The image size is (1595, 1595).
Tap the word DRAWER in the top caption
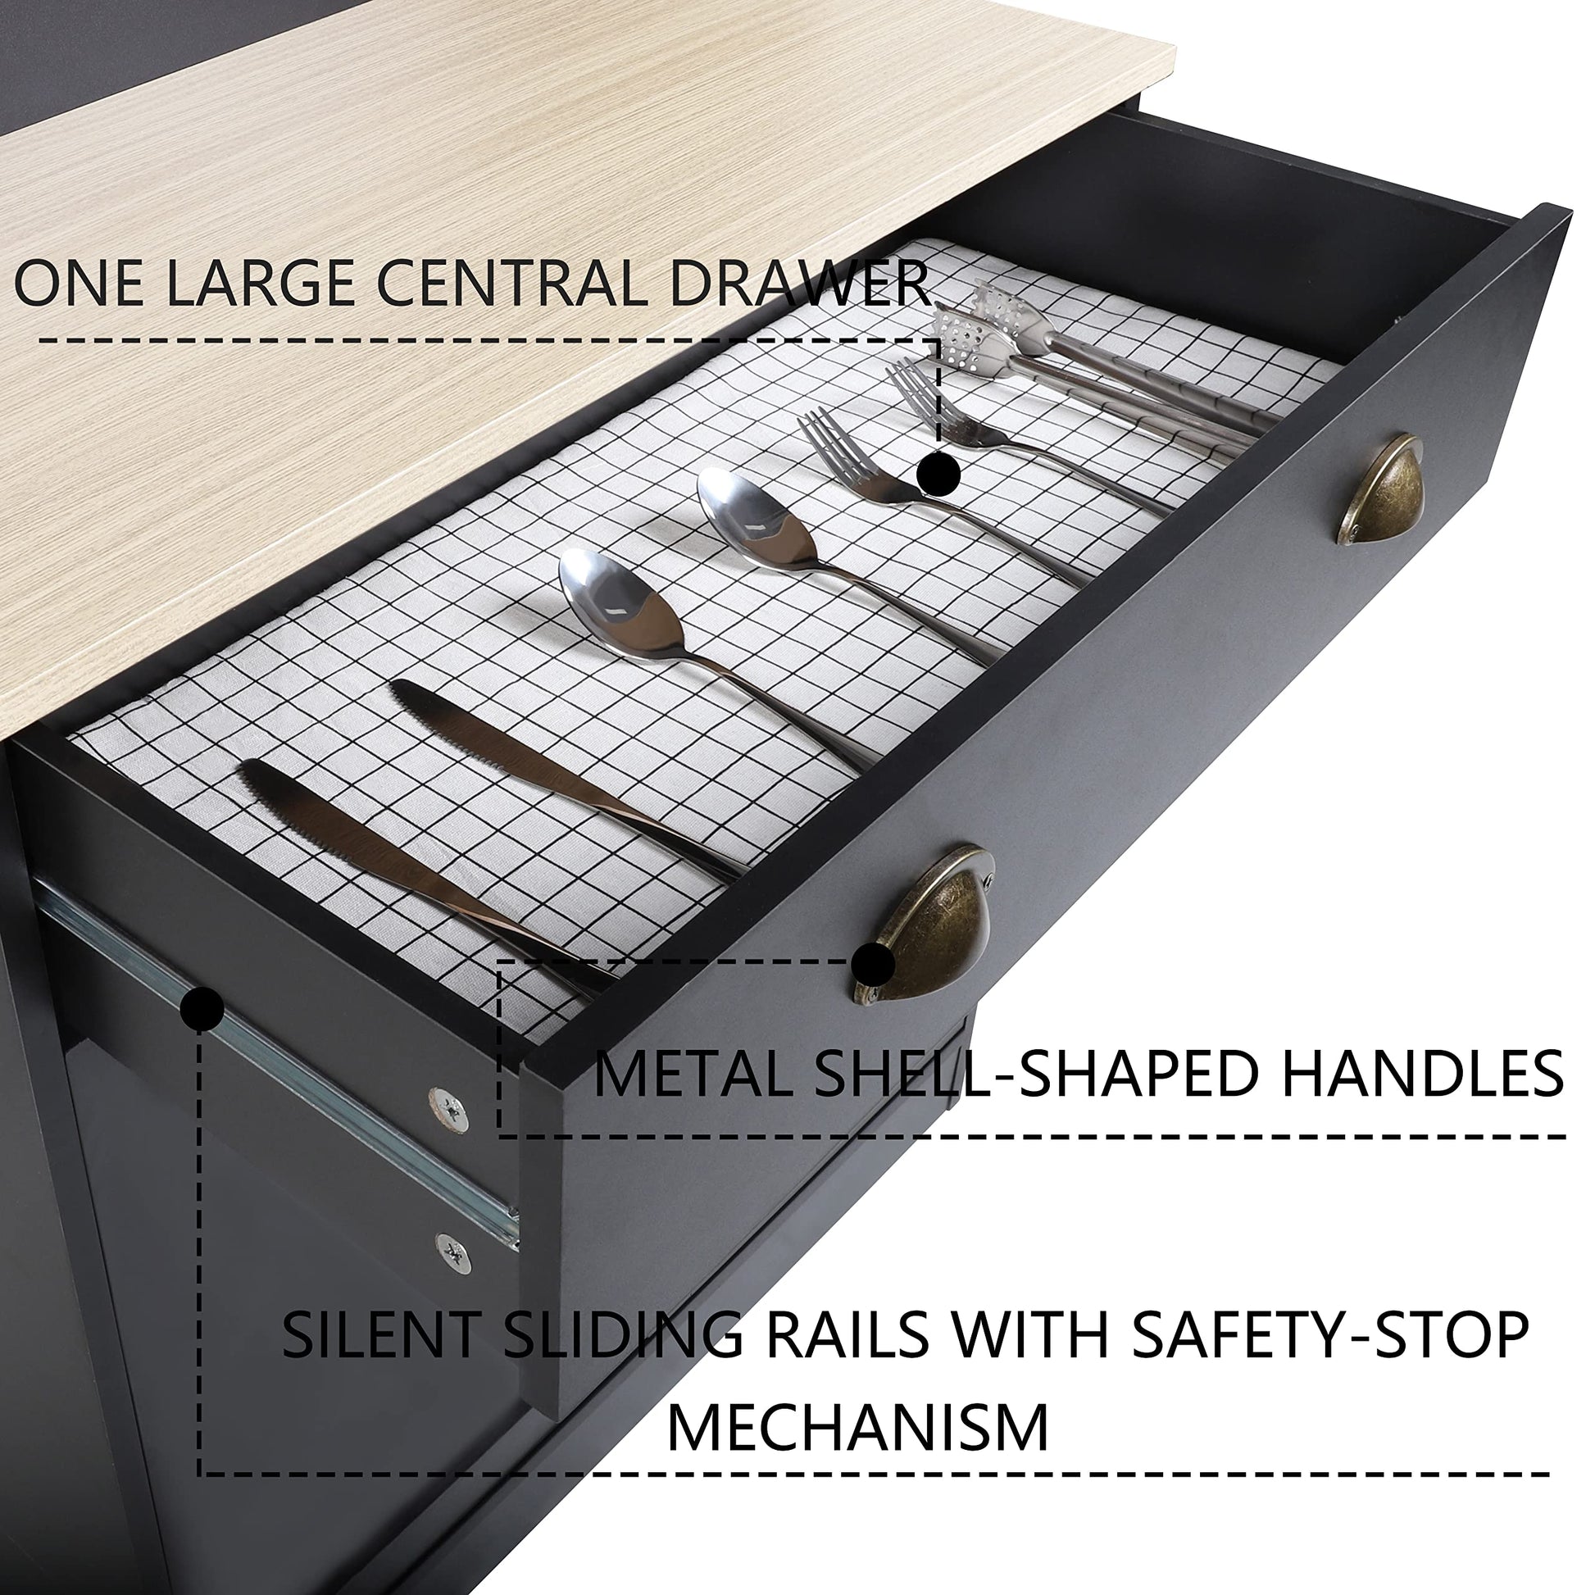click(798, 284)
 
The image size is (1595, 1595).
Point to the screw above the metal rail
click(449, 1109)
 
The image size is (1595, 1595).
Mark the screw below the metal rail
click(453, 1256)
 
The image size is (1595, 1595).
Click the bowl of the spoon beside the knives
click(620, 594)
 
